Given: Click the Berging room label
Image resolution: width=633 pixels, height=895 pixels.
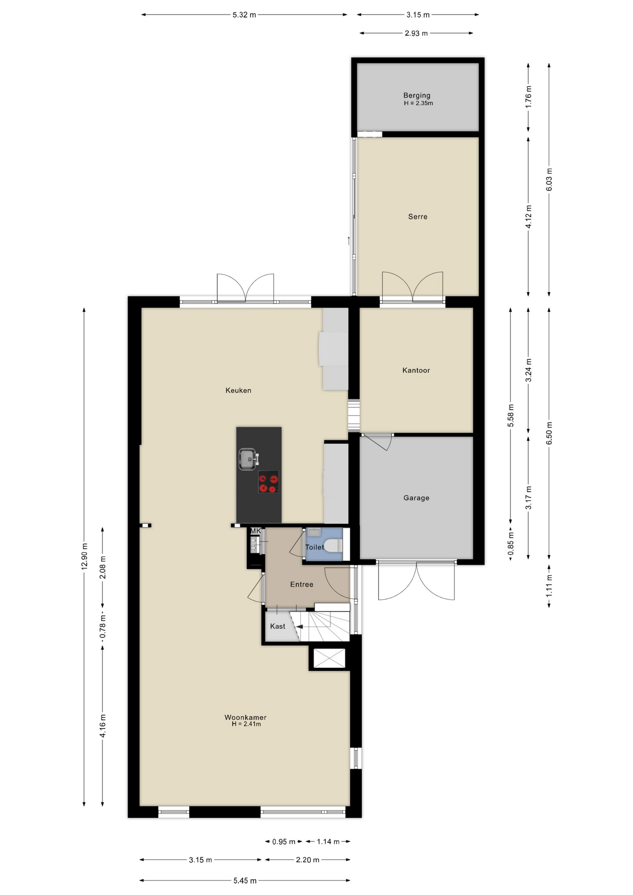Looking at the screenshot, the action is click(417, 95).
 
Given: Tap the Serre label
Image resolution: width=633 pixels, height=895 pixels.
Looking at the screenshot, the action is click(418, 216).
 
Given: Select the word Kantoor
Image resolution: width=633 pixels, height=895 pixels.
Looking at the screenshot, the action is click(416, 370).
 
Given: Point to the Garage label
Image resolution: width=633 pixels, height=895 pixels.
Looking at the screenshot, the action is click(416, 498).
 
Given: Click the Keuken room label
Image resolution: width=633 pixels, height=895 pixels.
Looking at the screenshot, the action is click(238, 390).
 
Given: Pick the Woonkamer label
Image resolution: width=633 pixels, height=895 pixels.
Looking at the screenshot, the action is click(246, 717).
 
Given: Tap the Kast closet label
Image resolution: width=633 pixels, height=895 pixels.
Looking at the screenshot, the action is click(278, 626).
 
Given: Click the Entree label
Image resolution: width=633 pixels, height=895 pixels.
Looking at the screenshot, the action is click(302, 584).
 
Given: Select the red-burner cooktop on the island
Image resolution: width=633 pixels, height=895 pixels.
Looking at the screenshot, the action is click(268, 482).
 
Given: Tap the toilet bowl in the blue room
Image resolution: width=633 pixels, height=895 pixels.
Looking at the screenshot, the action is click(333, 545).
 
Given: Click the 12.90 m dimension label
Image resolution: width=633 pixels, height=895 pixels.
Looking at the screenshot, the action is click(84, 557).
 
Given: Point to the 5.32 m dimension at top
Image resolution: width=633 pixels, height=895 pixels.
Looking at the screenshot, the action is click(245, 15).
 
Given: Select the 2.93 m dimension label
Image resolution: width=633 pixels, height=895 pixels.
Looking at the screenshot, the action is click(416, 33).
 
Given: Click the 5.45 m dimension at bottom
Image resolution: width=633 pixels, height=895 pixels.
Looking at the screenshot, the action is click(245, 881).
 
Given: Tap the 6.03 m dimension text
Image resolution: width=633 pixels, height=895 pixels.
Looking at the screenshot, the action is click(549, 179).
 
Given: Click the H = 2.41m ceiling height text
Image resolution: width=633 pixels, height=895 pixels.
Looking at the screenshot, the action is click(246, 724).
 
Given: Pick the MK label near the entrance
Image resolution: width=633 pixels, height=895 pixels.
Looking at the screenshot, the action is click(255, 530).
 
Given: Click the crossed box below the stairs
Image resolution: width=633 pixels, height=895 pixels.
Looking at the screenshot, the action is click(330, 658).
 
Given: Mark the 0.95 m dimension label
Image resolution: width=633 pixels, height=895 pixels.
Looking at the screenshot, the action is click(284, 841).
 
